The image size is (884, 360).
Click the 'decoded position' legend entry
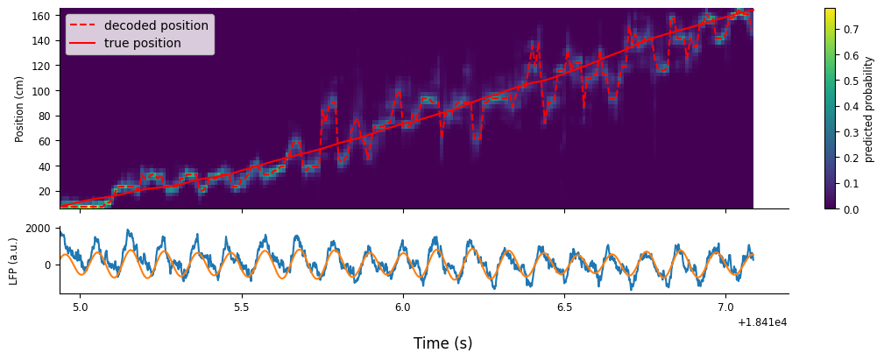click(x=156, y=25)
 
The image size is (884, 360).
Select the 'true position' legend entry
click(x=143, y=43)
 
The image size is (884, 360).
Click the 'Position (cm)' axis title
click(x=19, y=109)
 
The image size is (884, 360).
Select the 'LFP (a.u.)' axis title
click(x=13, y=260)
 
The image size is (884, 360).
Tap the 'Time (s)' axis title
click(x=442, y=343)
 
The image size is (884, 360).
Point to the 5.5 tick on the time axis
click(x=242, y=307)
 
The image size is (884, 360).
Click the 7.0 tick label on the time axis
click(x=725, y=307)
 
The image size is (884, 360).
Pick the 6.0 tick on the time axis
click(x=403, y=307)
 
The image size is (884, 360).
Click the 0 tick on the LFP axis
click(x=52, y=265)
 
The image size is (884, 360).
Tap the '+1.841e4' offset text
click(x=762, y=322)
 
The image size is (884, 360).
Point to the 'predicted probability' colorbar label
click(x=869, y=109)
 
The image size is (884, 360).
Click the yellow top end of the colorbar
click(x=829, y=11)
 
